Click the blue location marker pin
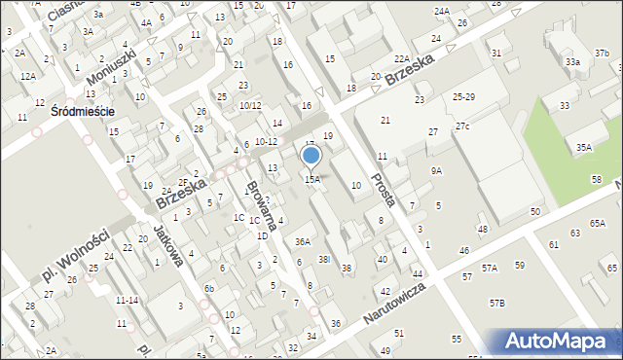[311, 156]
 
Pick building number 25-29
[463, 98]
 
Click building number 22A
[402, 59]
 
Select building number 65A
[597, 223]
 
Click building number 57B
[496, 305]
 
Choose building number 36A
[303, 241]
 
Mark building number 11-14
[126, 301]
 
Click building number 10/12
[250, 105]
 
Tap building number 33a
[573, 62]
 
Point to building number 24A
[442, 11]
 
